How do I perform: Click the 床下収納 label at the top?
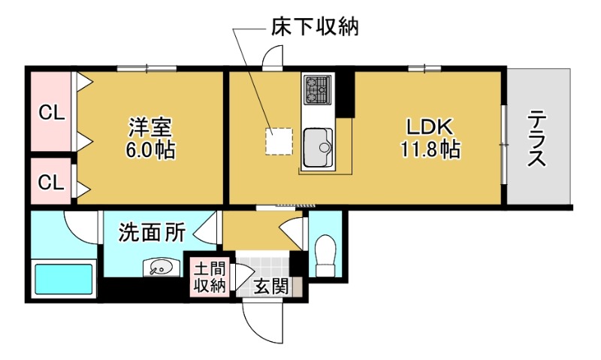coord(314,28)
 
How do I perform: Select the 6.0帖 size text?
coord(151,150)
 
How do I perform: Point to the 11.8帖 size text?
coord(430,149)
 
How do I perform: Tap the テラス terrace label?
coord(536,138)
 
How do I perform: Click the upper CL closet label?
coord(52,113)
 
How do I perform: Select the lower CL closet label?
coord(52,181)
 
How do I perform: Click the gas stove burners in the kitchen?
coord(316,90)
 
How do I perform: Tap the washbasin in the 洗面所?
coord(161,267)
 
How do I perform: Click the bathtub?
coord(64,279)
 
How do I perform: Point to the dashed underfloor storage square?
coord(278,141)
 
